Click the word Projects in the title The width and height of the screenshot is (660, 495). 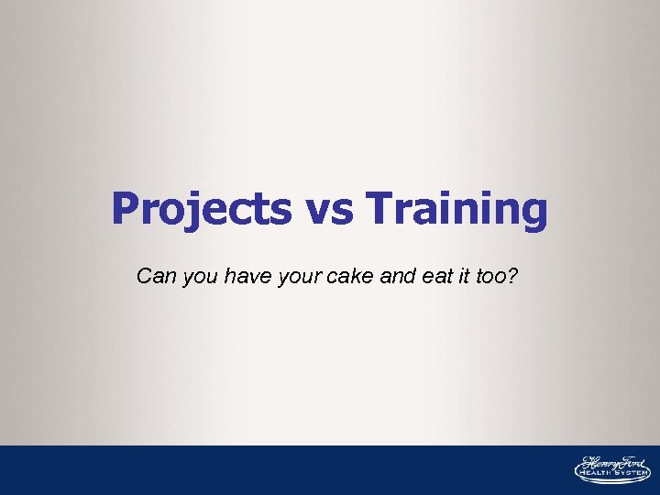(200, 209)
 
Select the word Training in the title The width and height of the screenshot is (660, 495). (456, 209)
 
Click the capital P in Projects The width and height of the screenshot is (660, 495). (125, 208)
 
